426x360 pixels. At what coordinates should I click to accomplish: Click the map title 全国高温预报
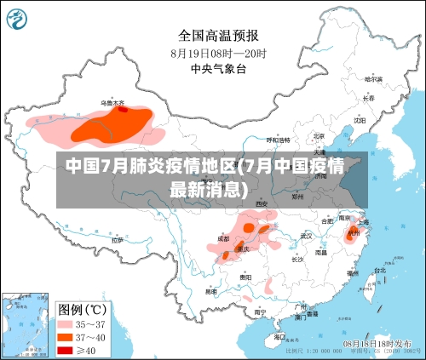coord(218,36)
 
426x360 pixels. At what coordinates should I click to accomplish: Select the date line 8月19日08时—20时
coord(218,53)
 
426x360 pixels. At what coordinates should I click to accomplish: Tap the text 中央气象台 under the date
coord(218,69)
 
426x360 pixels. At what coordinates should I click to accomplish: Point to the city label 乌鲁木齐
coord(112,103)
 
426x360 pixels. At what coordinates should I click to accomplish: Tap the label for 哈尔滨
coord(371,79)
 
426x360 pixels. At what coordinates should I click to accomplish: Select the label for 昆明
coord(210,291)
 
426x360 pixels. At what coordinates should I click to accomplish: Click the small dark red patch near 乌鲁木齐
coord(124,109)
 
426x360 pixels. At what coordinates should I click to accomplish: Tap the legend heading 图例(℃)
coord(80,308)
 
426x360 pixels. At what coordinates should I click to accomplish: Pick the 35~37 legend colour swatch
coord(65,324)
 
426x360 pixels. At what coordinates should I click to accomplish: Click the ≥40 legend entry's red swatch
coord(65,349)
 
